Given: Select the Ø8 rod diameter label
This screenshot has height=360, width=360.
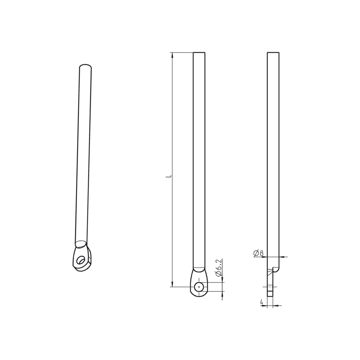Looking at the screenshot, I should point(259,253).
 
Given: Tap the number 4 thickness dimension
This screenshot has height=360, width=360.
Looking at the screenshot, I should point(262,302).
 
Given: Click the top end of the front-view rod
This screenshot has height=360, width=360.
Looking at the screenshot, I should point(199,53).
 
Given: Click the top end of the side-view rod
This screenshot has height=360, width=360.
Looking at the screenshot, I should point(273,53).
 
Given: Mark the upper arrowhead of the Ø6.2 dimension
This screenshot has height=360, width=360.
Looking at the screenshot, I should point(223,280).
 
